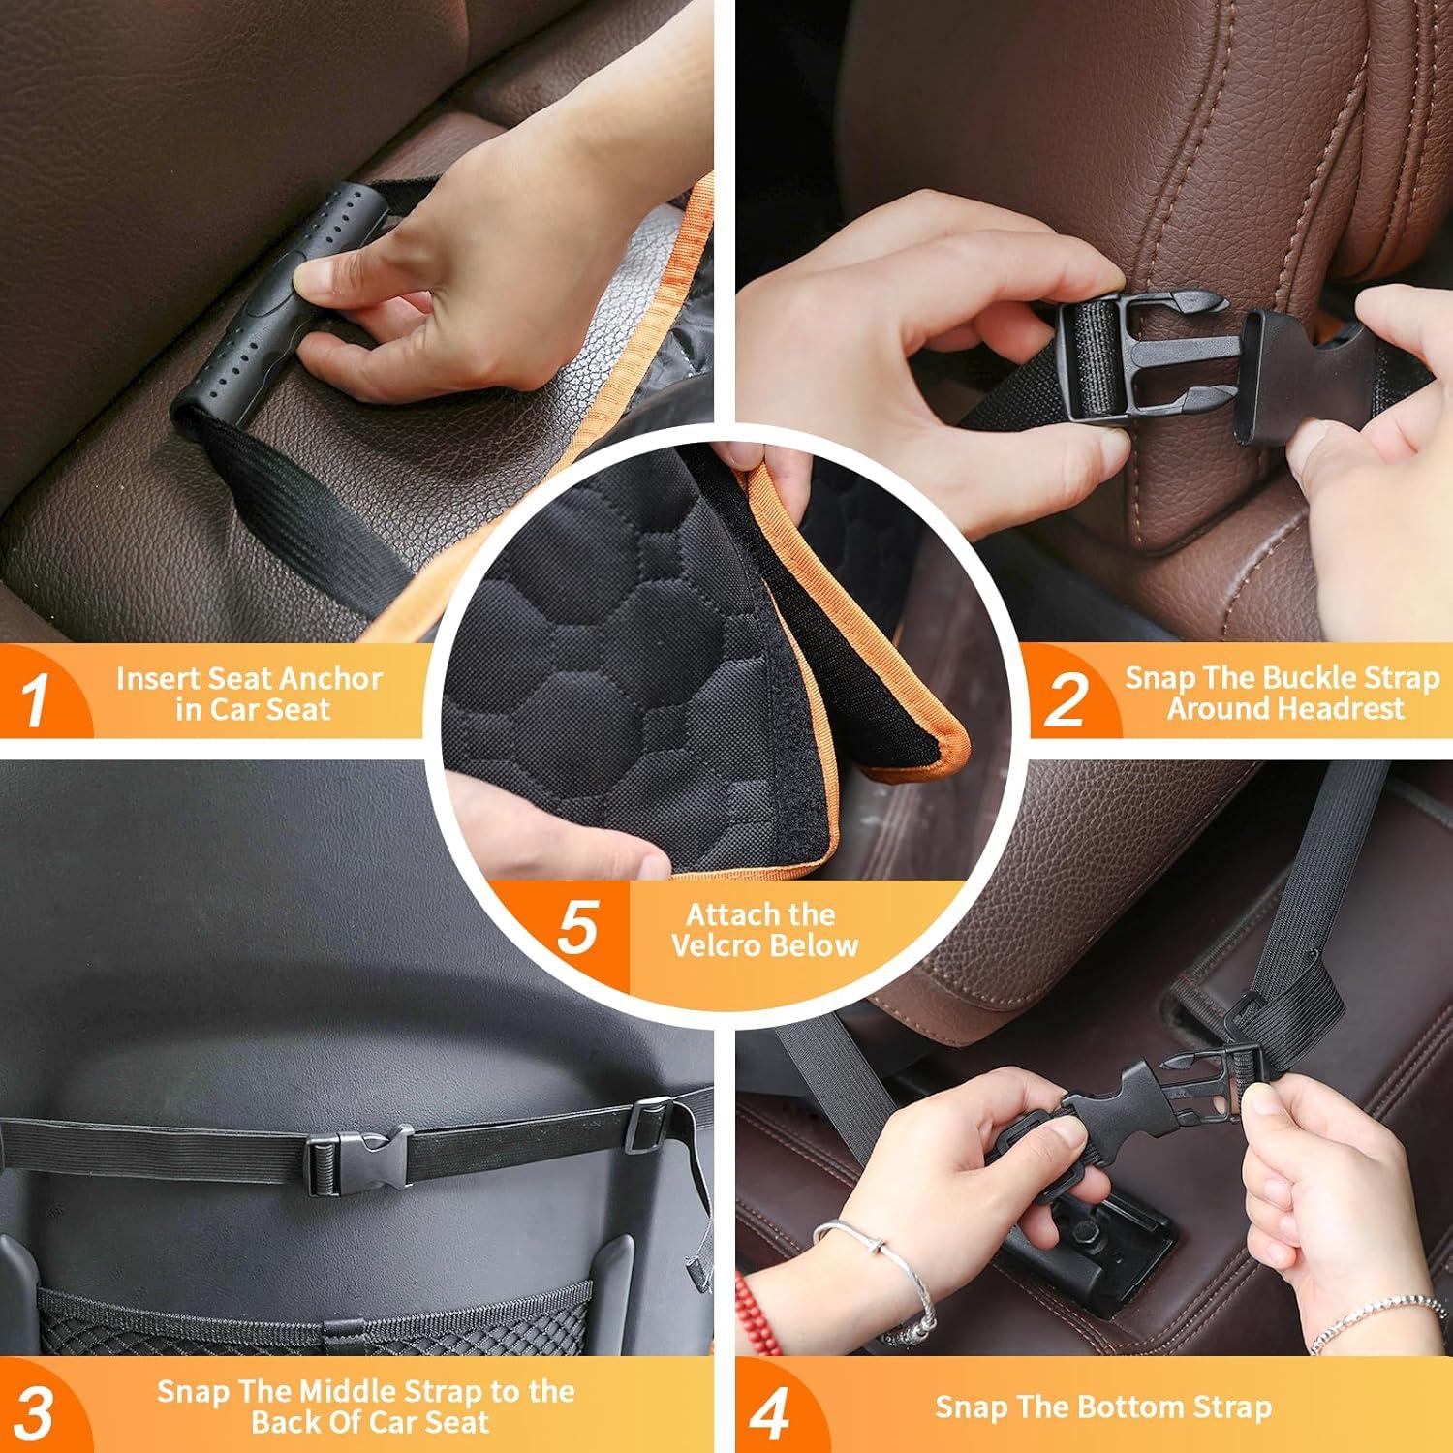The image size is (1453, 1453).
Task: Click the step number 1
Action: click(36, 699)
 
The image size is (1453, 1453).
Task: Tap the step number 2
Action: click(1066, 699)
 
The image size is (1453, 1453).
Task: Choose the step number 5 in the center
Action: click(577, 928)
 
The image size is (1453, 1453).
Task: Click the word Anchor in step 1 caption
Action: click(333, 679)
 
